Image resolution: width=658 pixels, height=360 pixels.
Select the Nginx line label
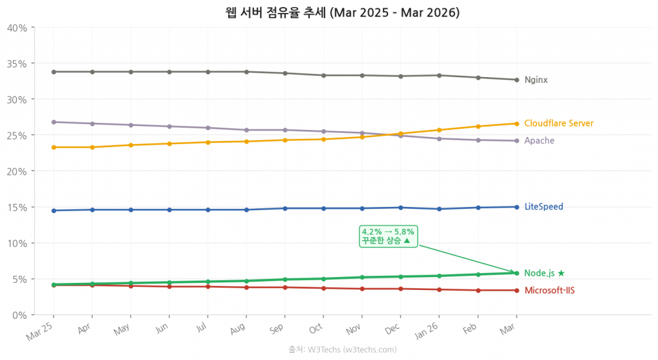click(536, 80)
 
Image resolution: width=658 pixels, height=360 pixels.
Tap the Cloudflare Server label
click(558, 123)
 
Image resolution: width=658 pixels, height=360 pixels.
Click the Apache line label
click(538, 141)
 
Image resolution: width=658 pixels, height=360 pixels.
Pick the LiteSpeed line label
click(544, 207)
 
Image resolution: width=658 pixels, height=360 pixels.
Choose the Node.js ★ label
click(544, 273)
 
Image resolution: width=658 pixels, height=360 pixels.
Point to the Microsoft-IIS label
click(549, 291)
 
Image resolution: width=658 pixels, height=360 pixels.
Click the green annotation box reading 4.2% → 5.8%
click(388, 236)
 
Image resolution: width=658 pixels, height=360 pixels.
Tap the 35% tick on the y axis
click(17, 64)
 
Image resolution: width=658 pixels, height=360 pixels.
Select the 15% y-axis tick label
click(17, 207)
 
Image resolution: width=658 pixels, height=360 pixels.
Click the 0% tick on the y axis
click(19, 315)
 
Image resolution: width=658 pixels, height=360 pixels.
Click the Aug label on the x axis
click(238, 330)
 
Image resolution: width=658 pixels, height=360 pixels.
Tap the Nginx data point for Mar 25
click(53, 72)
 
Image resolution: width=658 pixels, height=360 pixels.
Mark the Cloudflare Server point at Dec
click(400, 134)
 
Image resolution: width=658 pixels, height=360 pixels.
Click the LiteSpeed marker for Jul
click(208, 210)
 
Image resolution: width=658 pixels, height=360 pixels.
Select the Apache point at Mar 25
click(53, 122)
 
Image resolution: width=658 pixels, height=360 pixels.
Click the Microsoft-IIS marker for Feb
click(477, 291)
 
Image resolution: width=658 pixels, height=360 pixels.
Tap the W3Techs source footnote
click(342, 350)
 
